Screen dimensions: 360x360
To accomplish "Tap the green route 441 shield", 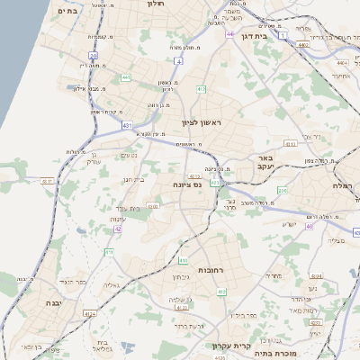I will coord(125,78).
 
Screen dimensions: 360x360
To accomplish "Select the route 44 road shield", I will coord(230,34).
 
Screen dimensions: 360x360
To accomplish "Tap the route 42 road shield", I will coord(118,229).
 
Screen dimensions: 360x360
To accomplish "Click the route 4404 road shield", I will coord(341,63).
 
